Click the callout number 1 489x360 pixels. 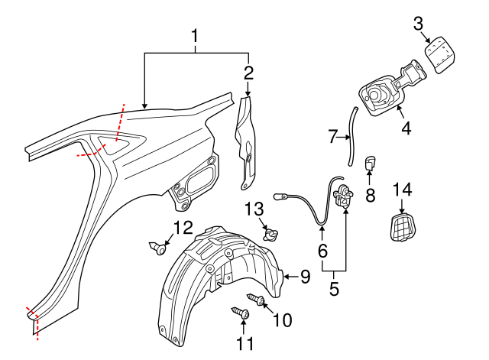[196, 36]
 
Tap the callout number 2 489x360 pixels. [248, 73]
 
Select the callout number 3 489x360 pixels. [419, 23]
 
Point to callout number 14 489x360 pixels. [402, 189]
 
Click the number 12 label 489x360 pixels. [181, 227]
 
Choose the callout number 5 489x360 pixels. [334, 290]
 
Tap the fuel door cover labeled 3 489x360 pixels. [439, 56]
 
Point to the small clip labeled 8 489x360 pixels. [371, 164]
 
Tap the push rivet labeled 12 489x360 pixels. [159, 247]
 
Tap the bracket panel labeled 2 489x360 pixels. [247, 141]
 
